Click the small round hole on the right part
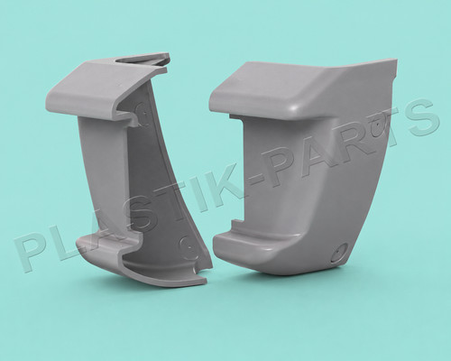pyautogui.click(x=339, y=252)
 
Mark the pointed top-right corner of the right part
pyautogui.click(x=396, y=60)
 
